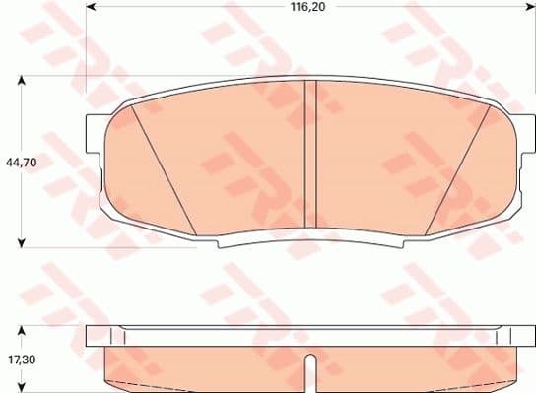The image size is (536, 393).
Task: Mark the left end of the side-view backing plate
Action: click(95, 337)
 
